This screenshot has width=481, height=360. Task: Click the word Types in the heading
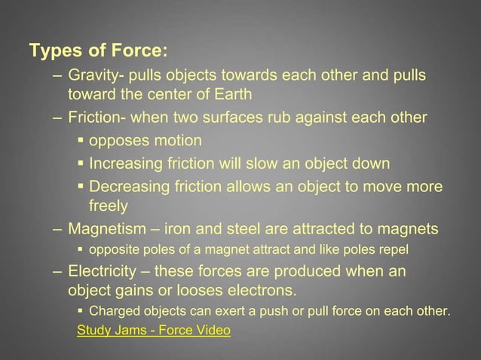pos(51,52)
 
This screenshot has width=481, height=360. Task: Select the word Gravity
pos(91,76)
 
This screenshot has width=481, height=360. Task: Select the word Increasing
pos(125,163)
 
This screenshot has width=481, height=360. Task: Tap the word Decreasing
pos(129,187)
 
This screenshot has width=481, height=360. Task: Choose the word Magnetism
pos(108,229)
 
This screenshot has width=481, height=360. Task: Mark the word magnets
pos(407,229)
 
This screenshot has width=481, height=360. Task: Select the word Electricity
pos(102,271)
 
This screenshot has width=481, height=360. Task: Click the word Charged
pos(112,311)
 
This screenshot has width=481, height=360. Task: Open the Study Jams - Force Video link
pos(154,330)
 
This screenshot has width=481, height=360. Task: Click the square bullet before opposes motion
pos(80,141)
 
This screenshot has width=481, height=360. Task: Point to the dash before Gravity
pos(58,76)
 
